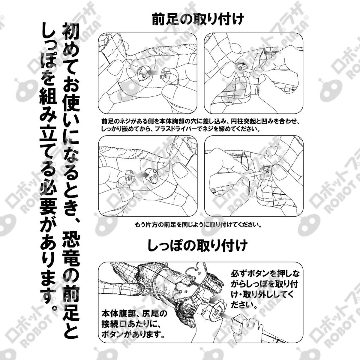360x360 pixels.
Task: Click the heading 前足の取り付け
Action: [198, 19]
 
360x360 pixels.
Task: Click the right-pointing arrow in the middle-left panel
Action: [142, 175]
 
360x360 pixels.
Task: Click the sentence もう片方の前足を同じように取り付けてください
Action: [198, 225]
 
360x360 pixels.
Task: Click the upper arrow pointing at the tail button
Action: [214, 300]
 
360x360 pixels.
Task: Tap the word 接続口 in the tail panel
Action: [112, 324]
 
